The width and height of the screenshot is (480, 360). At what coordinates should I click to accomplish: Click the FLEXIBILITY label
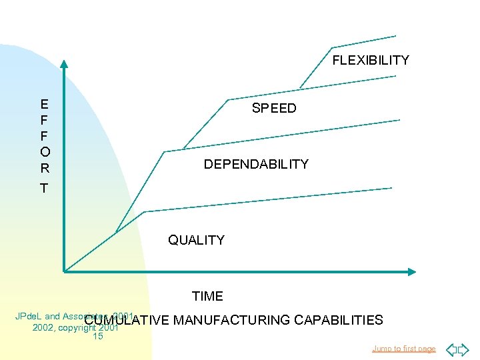(x=371, y=61)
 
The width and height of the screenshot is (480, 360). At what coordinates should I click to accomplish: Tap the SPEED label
(x=274, y=109)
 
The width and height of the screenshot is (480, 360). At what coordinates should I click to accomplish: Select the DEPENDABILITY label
(x=256, y=164)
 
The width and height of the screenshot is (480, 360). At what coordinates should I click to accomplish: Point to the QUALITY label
(x=196, y=240)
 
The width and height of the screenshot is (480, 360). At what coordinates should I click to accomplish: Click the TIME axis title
(x=207, y=296)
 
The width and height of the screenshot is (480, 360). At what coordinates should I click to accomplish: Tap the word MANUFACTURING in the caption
(x=231, y=321)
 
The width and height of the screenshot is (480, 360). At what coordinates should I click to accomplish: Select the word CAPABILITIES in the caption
(x=338, y=321)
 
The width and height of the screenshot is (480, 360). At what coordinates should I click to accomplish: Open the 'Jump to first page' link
(x=404, y=349)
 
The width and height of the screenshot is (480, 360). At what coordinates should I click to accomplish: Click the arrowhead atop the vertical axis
(x=64, y=65)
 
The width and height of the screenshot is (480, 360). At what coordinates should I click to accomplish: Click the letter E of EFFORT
(x=44, y=104)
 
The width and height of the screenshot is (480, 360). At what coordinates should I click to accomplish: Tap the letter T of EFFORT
(x=44, y=189)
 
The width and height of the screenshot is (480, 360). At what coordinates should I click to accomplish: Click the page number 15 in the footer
(x=98, y=337)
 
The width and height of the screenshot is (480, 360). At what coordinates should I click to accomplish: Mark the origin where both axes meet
(x=65, y=271)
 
